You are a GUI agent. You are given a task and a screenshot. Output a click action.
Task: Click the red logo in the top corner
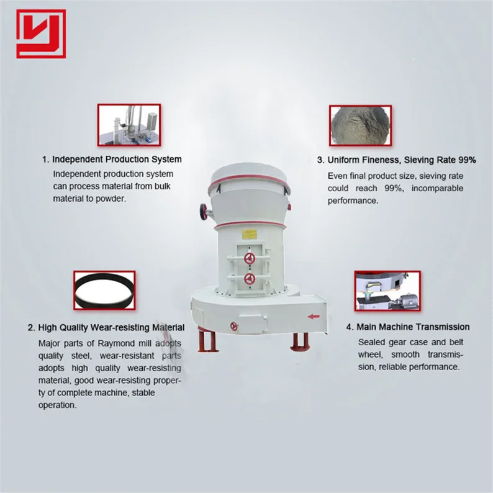[41, 34]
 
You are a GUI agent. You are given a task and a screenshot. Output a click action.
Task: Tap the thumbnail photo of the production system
[129, 125]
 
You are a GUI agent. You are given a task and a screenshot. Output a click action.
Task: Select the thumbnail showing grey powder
[360, 125]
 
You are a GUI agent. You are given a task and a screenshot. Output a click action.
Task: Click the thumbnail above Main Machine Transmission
[387, 291]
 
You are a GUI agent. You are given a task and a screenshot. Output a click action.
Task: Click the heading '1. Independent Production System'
[112, 159]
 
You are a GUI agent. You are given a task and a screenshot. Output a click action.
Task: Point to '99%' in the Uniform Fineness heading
[466, 160]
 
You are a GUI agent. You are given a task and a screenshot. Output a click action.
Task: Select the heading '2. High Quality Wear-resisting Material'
[106, 327]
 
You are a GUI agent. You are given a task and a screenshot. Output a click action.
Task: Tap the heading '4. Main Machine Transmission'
[407, 327]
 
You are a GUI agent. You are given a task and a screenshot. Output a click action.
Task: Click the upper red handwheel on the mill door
[250, 258]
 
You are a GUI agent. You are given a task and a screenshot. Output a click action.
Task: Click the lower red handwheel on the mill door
[250, 278]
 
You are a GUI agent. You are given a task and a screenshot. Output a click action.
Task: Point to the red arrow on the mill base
[314, 316]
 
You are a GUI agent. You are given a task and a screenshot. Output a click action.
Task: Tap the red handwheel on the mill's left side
[204, 211]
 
